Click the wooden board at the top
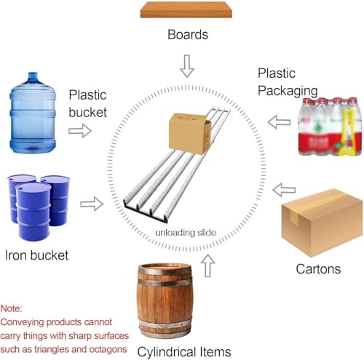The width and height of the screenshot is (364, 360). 186,9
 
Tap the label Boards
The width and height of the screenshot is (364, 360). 188,34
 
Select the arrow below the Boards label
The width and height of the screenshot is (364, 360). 187,66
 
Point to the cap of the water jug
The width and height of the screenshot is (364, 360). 33,76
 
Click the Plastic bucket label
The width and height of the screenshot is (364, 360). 87,103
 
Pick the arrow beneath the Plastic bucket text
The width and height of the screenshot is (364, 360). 80,131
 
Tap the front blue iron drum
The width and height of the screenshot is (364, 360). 33,212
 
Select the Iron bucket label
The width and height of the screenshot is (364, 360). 36,255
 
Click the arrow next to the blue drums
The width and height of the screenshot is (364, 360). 92,204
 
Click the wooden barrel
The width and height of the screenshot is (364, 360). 165,300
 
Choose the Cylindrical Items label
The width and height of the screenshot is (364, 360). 184,352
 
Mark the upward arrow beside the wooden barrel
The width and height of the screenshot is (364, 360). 207,265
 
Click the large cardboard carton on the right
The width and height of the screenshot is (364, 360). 322,223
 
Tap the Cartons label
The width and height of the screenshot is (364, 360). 318,269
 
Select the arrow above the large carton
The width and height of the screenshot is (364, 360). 284,190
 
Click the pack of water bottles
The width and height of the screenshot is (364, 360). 330,127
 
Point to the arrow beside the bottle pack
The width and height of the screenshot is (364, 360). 279,122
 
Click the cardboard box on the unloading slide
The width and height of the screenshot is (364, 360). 190,133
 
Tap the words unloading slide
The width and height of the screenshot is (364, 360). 186,233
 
